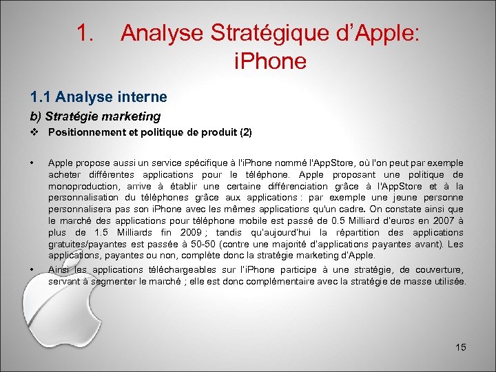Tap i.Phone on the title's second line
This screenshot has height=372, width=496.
pyautogui.click(x=270, y=62)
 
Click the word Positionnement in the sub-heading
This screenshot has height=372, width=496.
pyautogui.click(x=87, y=132)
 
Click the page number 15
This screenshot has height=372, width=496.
pyautogui.click(x=461, y=347)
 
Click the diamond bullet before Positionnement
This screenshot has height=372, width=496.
pyautogui.click(x=33, y=132)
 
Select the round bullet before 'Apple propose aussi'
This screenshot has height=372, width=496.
pyautogui.click(x=32, y=163)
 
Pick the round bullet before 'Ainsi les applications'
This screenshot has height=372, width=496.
pyautogui.click(x=32, y=269)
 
